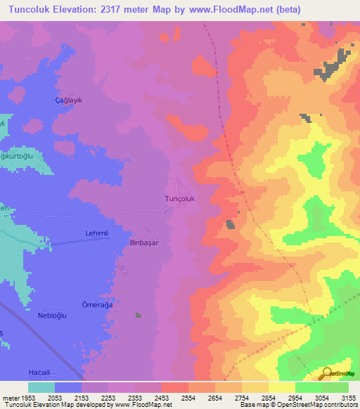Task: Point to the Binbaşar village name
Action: tap(146, 242)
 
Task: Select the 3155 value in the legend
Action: tap(347, 398)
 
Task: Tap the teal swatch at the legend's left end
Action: tap(41, 387)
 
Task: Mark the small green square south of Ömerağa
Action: tap(139, 315)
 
